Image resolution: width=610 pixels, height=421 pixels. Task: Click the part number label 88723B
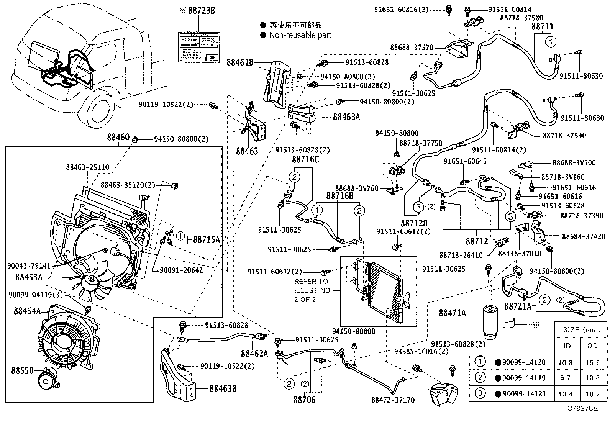202,11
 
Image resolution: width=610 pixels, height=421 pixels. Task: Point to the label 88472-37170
393,400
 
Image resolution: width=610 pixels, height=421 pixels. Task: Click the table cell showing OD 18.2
592,394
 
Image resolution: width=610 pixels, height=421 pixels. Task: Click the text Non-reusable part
300,35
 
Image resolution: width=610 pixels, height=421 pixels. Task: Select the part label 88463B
223,388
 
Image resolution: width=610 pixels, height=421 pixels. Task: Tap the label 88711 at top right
542,26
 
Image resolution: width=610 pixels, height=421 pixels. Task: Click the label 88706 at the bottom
305,400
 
